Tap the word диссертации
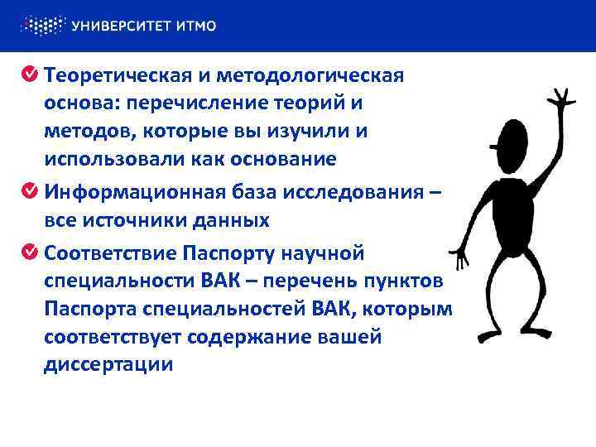108,364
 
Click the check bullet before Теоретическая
29,76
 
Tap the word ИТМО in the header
196,26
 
